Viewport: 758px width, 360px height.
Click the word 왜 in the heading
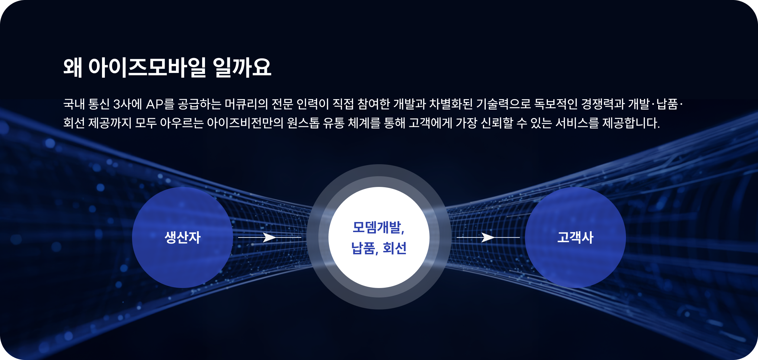(73, 67)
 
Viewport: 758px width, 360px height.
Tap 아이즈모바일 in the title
(147, 67)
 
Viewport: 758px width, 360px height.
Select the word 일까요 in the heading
(242, 67)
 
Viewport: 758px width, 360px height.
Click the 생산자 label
(183, 237)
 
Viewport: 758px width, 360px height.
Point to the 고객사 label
(575, 237)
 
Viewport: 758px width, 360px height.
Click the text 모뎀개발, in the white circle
(378, 227)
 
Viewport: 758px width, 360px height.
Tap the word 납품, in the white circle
(365, 248)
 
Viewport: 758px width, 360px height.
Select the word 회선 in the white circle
(394, 248)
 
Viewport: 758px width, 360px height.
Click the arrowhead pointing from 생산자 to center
(269, 237)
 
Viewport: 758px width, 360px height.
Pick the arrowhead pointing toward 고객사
(488, 237)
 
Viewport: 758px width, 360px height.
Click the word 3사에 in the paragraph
(128, 104)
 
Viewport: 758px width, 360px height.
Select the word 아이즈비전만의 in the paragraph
(245, 123)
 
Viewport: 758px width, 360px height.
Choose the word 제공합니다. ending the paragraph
(631, 123)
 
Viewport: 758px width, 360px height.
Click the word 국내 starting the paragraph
(74, 104)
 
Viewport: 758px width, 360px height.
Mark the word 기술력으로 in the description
(503, 104)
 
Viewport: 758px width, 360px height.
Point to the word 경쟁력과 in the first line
(603, 104)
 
